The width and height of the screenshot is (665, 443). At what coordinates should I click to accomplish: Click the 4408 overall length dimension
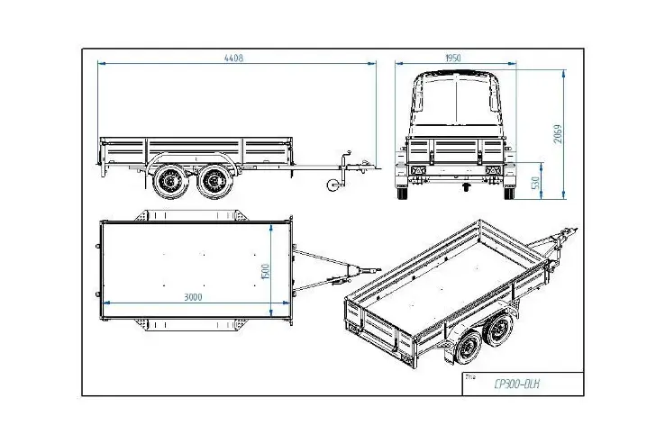235,59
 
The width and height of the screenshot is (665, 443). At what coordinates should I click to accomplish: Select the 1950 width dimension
453,58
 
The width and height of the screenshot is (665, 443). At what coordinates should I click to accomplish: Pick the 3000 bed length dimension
193,296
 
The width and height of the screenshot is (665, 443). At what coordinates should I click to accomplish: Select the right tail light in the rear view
491,173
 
